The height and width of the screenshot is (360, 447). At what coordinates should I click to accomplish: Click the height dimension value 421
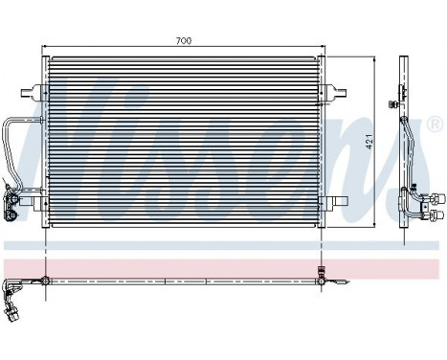(x=383, y=141)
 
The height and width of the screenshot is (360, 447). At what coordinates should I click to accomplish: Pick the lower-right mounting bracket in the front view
(x=340, y=200)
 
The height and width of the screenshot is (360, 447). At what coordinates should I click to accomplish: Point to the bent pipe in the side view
(x=407, y=144)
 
